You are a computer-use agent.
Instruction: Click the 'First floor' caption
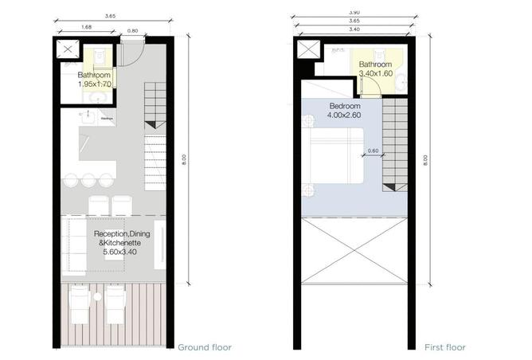(x=444, y=347)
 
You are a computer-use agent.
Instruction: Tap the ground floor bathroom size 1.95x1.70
(x=94, y=84)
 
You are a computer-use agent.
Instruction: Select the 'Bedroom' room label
(x=344, y=106)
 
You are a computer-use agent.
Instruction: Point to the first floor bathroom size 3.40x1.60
(x=375, y=74)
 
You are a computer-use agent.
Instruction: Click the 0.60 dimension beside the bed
(x=373, y=151)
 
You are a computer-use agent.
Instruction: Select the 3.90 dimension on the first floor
(x=354, y=13)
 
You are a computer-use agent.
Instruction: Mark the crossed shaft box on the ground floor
(x=68, y=52)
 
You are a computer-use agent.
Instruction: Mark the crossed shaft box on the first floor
(x=307, y=51)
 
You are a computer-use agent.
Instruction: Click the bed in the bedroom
(x=335, y=162)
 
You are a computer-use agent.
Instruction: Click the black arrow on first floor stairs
(x=389, y=188)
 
